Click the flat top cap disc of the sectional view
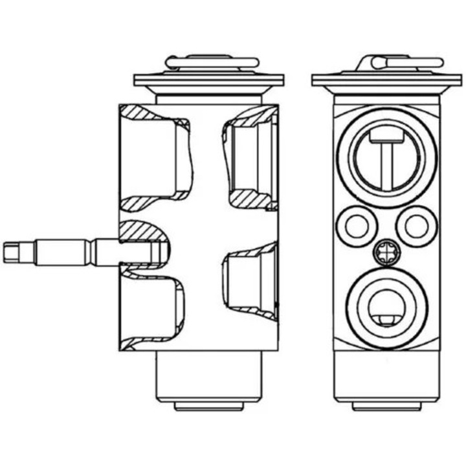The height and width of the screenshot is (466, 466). [208, 80]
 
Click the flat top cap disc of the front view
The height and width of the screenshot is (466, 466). [386, 80]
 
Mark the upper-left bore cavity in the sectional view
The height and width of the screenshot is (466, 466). [152, 159]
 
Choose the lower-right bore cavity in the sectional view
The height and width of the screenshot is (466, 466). [249, 285]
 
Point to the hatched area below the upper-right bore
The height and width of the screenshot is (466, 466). [252, 197]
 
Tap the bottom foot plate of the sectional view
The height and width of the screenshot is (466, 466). [208, 406]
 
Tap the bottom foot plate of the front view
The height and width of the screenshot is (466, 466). [386, 406]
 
